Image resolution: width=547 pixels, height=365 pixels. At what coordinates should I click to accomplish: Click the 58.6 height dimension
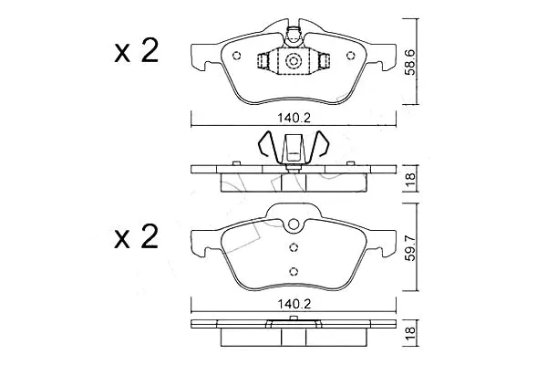[411, 62]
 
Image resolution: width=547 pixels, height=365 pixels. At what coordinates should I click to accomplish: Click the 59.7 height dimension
[411, 247]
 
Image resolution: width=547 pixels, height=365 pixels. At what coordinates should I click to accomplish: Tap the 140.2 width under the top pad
[294, 118]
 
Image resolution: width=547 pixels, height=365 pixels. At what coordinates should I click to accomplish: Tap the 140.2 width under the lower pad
[294, 304]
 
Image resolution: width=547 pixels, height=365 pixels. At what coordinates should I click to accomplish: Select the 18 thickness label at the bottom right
[411, 330]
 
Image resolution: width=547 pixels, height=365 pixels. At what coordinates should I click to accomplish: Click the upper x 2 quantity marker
[137, 51]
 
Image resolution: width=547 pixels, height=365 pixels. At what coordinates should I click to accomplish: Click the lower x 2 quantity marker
[137, 237]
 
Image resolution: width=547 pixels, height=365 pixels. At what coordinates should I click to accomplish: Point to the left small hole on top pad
[236, 56]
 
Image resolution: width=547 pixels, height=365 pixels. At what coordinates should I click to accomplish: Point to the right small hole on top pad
[350, 56]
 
